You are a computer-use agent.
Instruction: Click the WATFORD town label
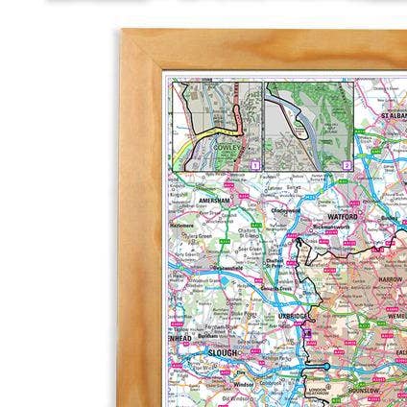click(343, 218)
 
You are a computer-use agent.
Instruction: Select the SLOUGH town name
click(223, 352)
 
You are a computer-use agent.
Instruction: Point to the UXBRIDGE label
click(292, 315)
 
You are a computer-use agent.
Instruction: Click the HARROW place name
click(390, 278)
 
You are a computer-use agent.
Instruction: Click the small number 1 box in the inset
click(254, 166)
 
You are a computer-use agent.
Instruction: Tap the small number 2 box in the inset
click(347, 166)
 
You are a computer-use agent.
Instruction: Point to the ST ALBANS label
click(394, 115)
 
